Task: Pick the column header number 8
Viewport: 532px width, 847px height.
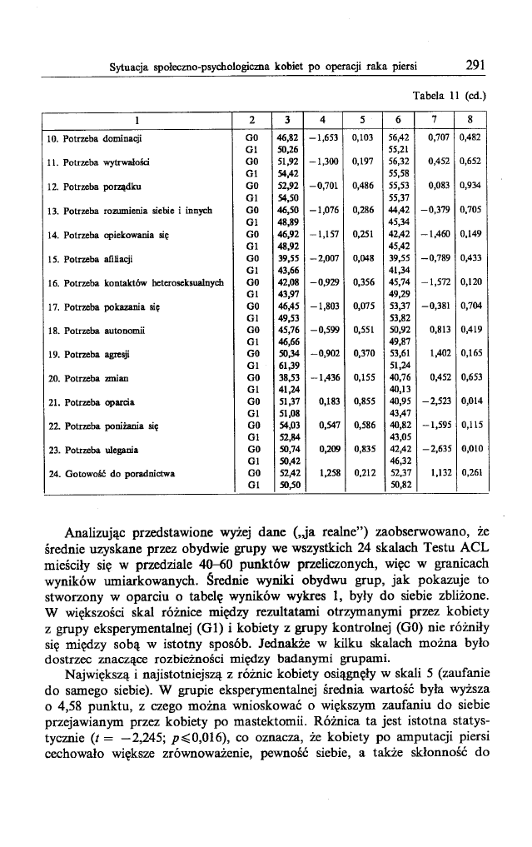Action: pyautogui.click(x=471, y=118)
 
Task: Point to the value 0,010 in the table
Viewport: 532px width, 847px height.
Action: pyautogui.click(x=471, y=451)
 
